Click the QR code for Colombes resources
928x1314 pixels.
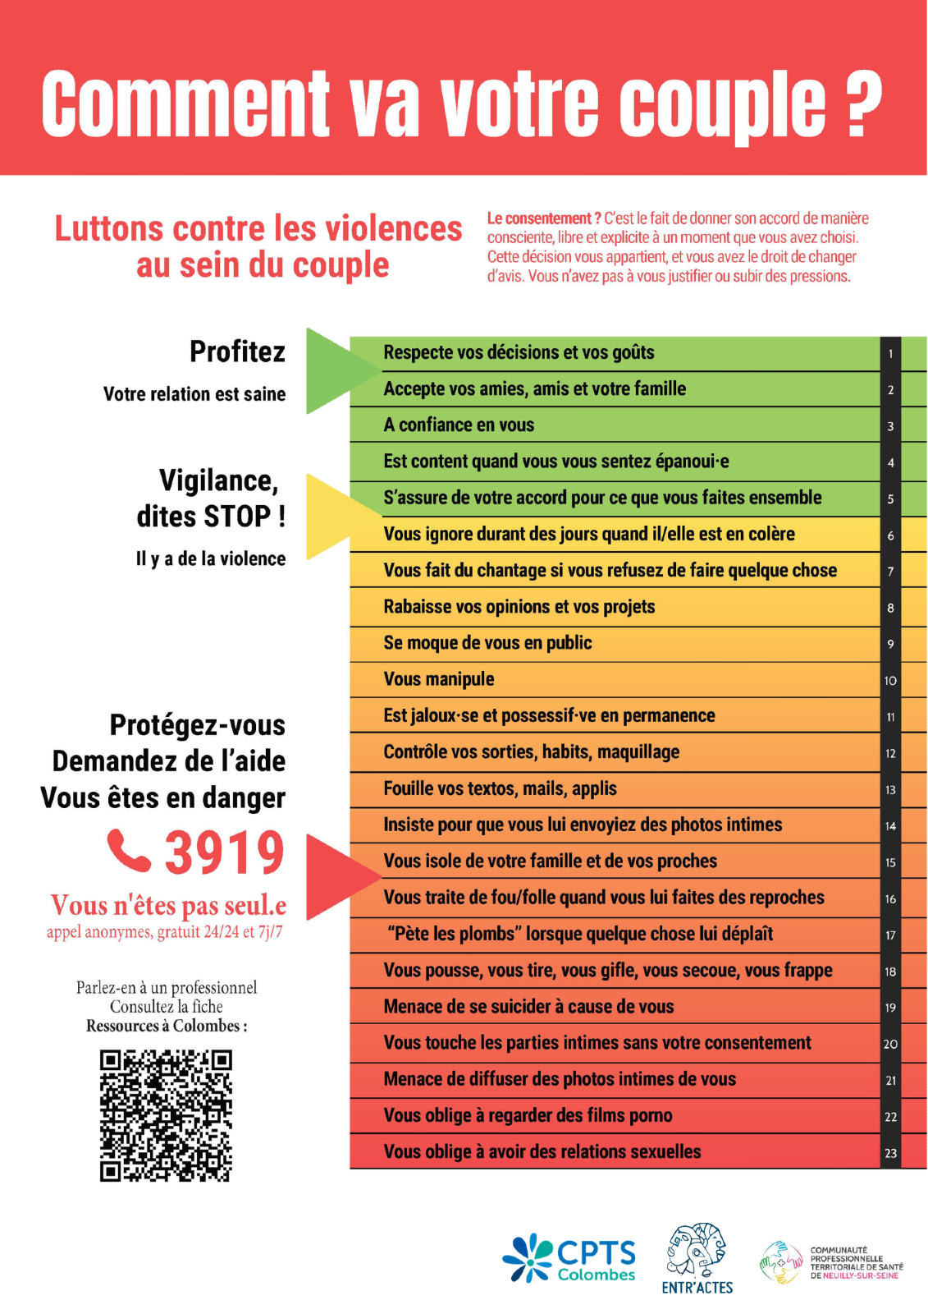[166, 1115]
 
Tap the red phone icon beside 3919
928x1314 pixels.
[130, 851]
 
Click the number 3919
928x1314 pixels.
[224, 852]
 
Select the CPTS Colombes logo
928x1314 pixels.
[569, 1258]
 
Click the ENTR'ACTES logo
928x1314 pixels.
[697, 1259]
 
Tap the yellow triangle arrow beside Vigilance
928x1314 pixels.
[330, 517]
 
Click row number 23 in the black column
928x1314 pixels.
[890, 1153]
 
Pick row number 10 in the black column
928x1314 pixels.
[890, 681]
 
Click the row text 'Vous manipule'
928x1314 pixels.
[439, 679]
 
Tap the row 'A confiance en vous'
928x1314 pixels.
[459, 425]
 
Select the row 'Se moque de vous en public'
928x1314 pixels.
[487, 643]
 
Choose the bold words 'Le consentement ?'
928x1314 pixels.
[543, 218]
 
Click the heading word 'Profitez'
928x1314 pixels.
[237, 351]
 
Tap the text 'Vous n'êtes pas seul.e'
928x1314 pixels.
[168, 905]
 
